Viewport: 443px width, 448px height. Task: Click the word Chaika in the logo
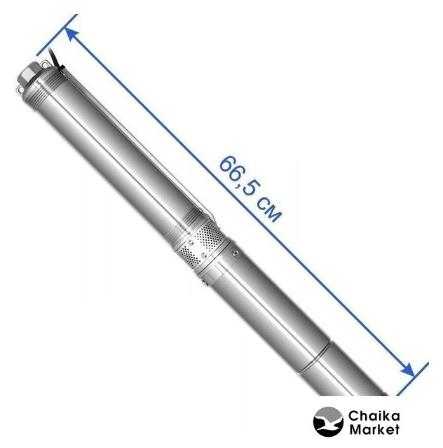click(374, 416)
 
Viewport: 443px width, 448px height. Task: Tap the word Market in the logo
click(374, 429)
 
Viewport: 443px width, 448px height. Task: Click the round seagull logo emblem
click(328, 423)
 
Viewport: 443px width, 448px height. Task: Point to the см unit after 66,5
click(268, 209)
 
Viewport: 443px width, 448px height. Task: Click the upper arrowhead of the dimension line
click(71, 34)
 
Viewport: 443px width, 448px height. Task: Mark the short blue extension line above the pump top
click(57, 34)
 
